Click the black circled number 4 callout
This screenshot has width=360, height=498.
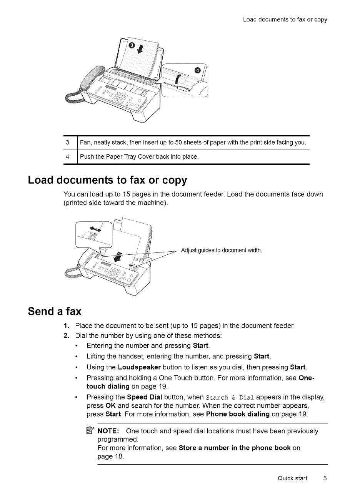[x=198, y=70]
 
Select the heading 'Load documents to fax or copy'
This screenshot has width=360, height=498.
[x=108, y=180]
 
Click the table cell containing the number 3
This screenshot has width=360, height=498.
[x=68, y=143]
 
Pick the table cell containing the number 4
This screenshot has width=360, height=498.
[x=68, y=157]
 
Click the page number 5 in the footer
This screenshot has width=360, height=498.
[x=325, y=478]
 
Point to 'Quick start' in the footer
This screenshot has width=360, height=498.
[x=293, y=478]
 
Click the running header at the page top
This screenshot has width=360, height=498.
[x=285, y=20]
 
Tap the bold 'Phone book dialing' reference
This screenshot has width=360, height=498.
[x=238, y=414]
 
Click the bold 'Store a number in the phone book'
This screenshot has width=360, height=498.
[x=235, y=448]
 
